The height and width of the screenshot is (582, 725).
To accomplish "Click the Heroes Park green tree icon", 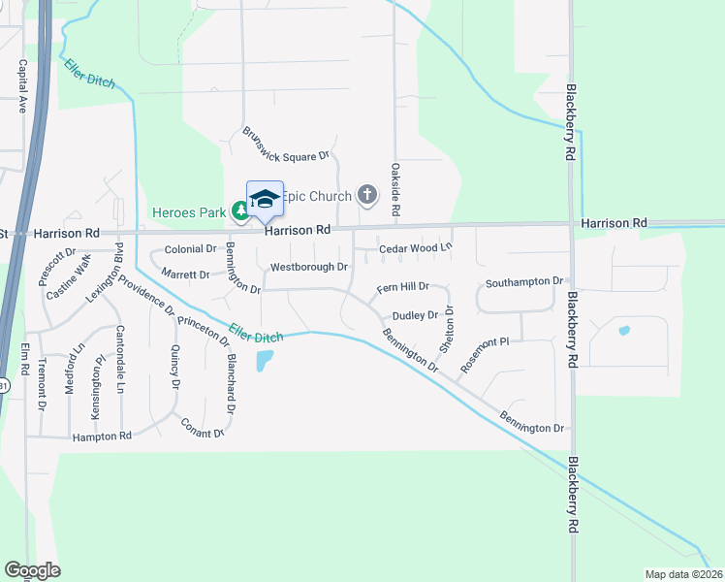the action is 239,210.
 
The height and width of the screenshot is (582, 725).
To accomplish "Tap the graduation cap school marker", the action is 265,199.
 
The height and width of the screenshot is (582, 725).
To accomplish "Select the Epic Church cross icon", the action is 366,196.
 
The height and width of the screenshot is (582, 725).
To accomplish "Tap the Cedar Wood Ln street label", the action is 416,248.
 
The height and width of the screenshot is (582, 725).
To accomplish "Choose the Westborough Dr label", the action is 309,267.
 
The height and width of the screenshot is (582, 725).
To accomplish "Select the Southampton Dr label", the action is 524,282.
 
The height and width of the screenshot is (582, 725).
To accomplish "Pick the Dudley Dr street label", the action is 416,316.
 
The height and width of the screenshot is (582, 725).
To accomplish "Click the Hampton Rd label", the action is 102,437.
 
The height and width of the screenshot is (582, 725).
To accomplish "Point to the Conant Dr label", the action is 203,426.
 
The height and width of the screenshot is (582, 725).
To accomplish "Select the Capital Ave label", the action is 21,87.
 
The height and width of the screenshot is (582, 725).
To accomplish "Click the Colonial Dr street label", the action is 190,249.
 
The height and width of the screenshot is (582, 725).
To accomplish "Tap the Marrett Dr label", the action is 185,275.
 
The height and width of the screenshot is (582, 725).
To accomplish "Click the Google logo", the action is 32,570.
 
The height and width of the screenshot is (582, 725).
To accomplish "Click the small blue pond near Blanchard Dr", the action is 264,362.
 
